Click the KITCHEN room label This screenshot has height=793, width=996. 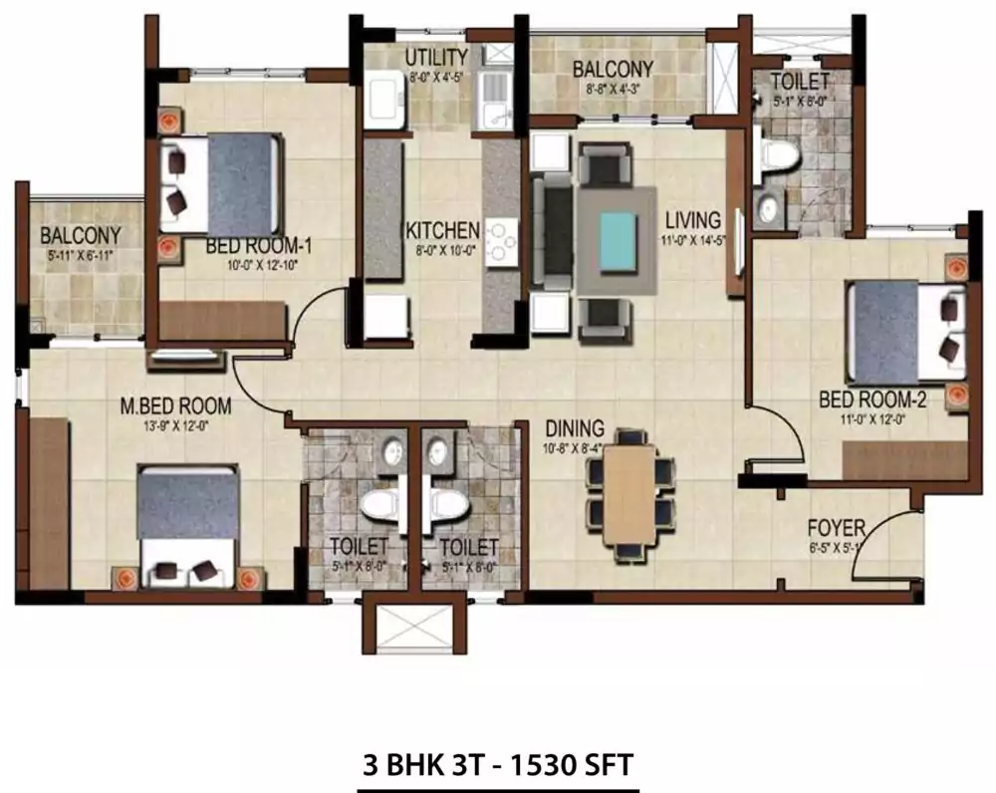[x=442, y=230]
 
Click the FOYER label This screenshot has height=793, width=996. [x=837, y=528]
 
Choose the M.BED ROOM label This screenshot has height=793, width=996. [x=175, y=406]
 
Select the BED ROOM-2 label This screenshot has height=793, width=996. [x=866, y=399]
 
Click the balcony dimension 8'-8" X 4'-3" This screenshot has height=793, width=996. [x=613, y=87]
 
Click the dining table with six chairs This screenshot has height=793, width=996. [x=629, y=493]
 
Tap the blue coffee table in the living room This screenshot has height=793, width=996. [x=617, y=239]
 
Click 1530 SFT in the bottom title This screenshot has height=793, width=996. [x=571, y=765]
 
